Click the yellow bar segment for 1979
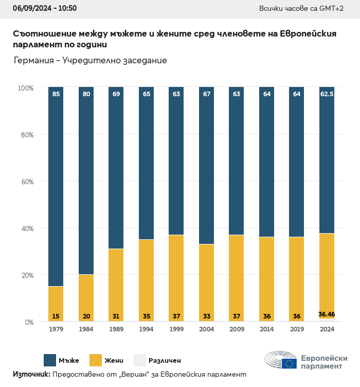(x=56, y=304)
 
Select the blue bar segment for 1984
(x=86, y=180)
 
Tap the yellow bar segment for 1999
(x=176, y=278)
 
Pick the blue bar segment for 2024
(x=327, y=160)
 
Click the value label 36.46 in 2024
(x=327, y=314)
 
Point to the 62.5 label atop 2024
(x=327, y=94)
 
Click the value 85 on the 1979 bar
(x=56, y=94)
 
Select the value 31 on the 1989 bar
(x=116, y=316)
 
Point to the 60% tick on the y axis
(x=26, y=182)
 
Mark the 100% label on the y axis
(x=25, y=88)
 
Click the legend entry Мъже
(x=68, y=360)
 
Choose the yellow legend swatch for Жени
(x=96, y=360)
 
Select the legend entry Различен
(x=165, y=360)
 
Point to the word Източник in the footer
(x=31, y=375)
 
